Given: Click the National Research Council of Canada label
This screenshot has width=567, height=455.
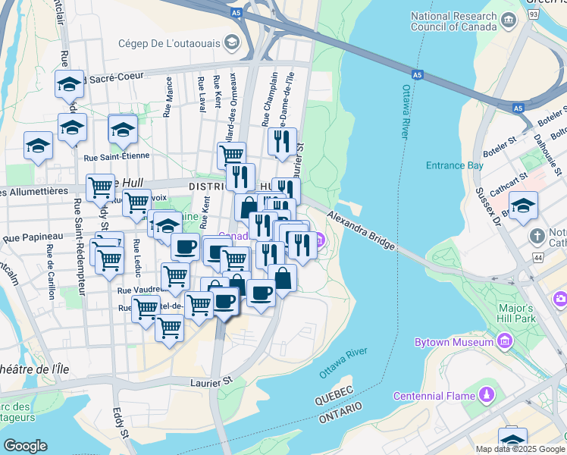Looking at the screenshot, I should tap(464, 22).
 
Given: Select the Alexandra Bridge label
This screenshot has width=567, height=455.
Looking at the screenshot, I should tap(362, 231).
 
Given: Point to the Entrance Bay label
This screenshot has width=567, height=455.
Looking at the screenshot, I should tap(454, 165).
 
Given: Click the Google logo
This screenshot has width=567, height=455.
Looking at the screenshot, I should tap(25, 445).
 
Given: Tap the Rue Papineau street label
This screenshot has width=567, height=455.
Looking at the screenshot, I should tap(32, 237).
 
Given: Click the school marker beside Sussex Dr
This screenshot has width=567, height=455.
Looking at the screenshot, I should tap(523, 206).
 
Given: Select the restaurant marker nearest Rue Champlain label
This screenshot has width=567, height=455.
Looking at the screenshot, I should tap(281, 142).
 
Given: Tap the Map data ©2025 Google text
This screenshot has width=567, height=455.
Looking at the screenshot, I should tap(520, 449).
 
